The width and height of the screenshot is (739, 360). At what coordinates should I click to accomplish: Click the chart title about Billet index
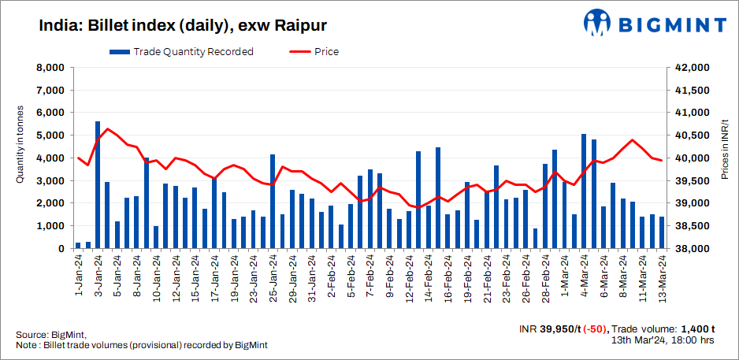(172, 25)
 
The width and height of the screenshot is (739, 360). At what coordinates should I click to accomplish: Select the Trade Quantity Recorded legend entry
(182, 52)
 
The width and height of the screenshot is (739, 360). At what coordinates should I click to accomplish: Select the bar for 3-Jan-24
(98, 185)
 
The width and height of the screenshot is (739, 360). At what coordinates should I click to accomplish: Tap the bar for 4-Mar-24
(584, 191)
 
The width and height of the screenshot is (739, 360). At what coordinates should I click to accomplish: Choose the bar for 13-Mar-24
(662, 232)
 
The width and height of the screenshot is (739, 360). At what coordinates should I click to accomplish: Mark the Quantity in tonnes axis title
(20, 146)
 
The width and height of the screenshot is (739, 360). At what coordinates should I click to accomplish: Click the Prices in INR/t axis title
(725, 146)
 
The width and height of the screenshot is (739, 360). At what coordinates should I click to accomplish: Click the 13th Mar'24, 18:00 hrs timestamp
(663, 340)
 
